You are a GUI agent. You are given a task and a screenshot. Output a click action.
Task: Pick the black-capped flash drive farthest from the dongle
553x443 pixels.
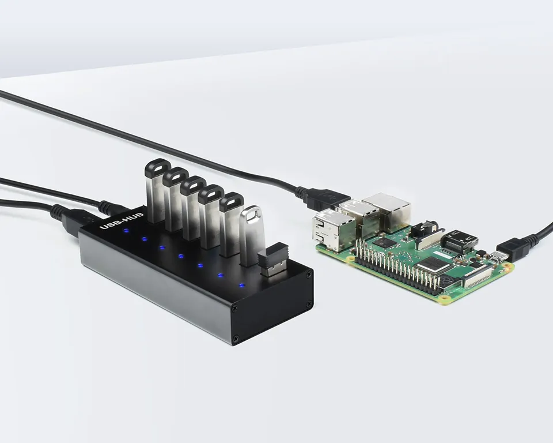pos(155,191)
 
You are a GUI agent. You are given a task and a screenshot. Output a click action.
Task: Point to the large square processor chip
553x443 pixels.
pos(433,265)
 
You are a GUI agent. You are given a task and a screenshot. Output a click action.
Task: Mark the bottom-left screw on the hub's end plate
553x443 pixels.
pos(234,338)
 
